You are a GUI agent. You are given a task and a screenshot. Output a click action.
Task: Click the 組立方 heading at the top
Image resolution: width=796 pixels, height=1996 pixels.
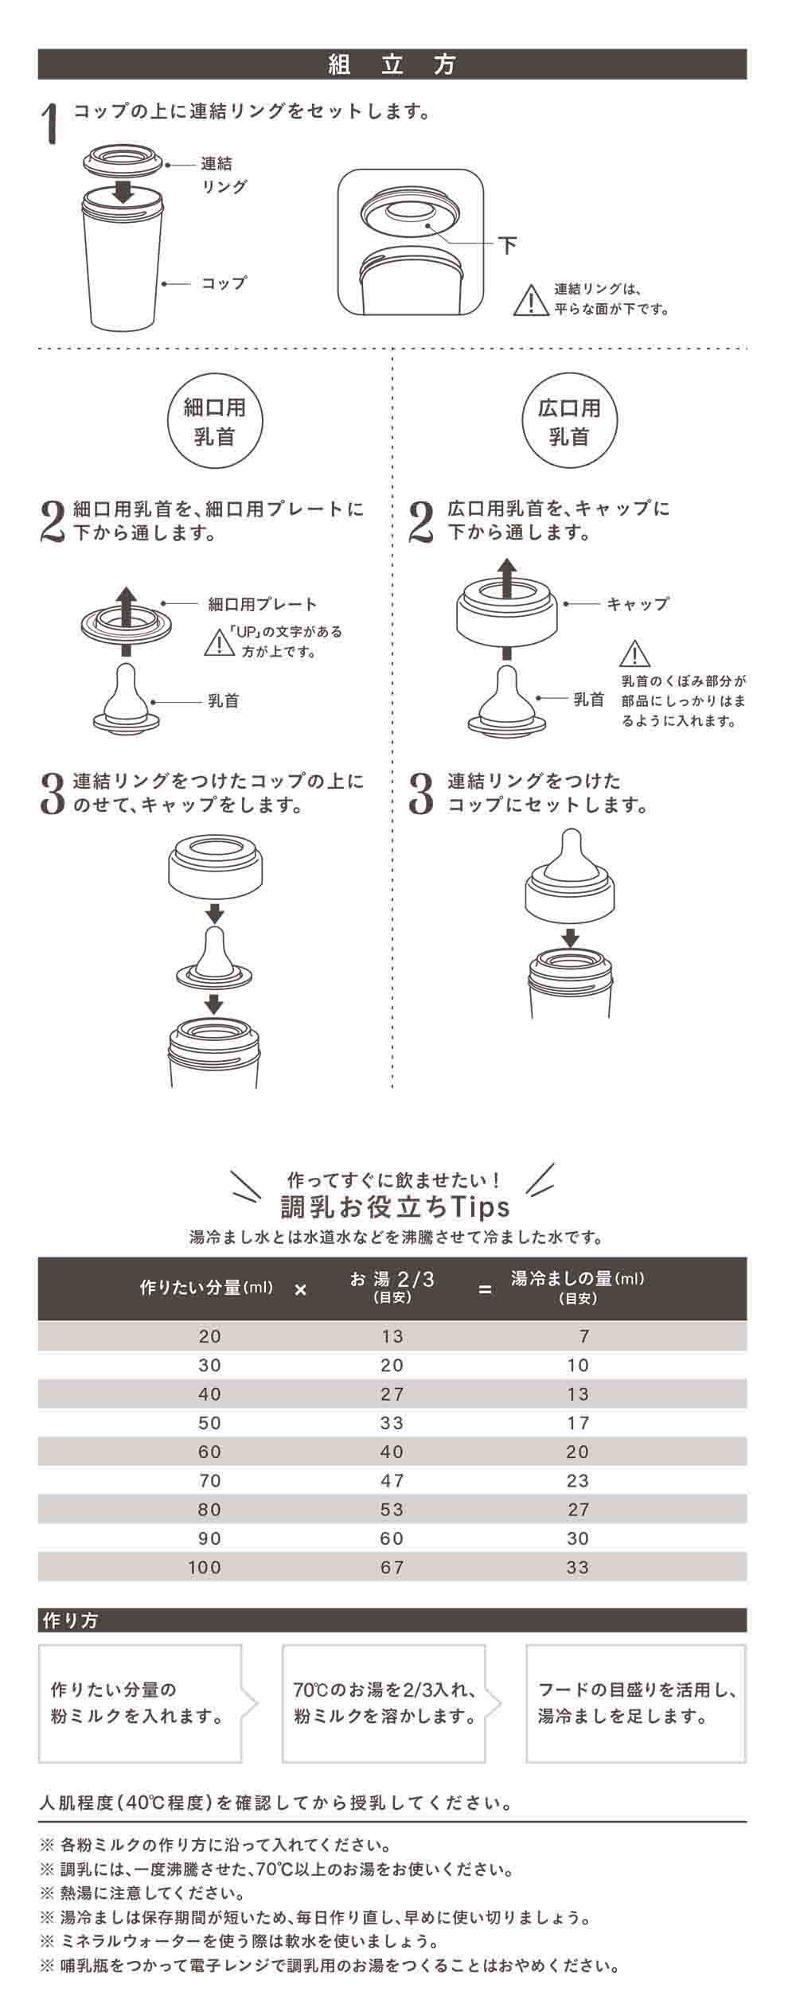[392, 64]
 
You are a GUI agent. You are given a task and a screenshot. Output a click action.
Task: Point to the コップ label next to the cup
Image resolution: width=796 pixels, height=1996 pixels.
[224, 283]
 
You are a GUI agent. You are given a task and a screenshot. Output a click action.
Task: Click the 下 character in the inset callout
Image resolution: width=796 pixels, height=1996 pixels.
[507, 244]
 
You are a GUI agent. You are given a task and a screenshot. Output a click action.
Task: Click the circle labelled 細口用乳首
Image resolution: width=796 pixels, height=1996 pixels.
[214, 422]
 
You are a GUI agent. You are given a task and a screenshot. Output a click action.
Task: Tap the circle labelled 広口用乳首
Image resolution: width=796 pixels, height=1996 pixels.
[568, 422]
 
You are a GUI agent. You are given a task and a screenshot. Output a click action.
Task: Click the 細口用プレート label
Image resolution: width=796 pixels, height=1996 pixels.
[263, 605]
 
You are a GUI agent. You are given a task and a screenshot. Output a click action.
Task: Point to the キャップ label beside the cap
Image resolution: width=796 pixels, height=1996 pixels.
[638, 604]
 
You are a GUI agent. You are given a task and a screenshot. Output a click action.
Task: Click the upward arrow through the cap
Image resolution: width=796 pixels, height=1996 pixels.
[507, 577]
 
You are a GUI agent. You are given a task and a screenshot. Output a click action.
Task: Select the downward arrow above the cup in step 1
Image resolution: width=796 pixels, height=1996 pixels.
[123, 190]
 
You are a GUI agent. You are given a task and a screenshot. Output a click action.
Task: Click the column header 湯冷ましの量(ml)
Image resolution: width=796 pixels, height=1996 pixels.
[577, 1279]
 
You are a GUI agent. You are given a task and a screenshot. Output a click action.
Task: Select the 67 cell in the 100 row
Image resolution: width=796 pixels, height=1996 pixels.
[392, 1568]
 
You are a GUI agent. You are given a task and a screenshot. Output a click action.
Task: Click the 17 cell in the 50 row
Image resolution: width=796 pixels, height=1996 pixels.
[578, 1423]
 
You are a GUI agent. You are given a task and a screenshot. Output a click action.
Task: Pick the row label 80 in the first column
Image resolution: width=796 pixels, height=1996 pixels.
[210, 1510]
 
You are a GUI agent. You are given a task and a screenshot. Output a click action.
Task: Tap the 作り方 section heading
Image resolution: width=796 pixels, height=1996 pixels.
[71, 1620]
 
